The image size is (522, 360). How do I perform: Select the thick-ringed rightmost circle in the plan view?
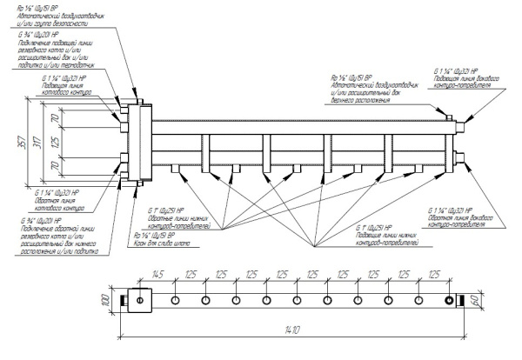click(449, 301)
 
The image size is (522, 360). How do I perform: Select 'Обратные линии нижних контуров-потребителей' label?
click(187, 217)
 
